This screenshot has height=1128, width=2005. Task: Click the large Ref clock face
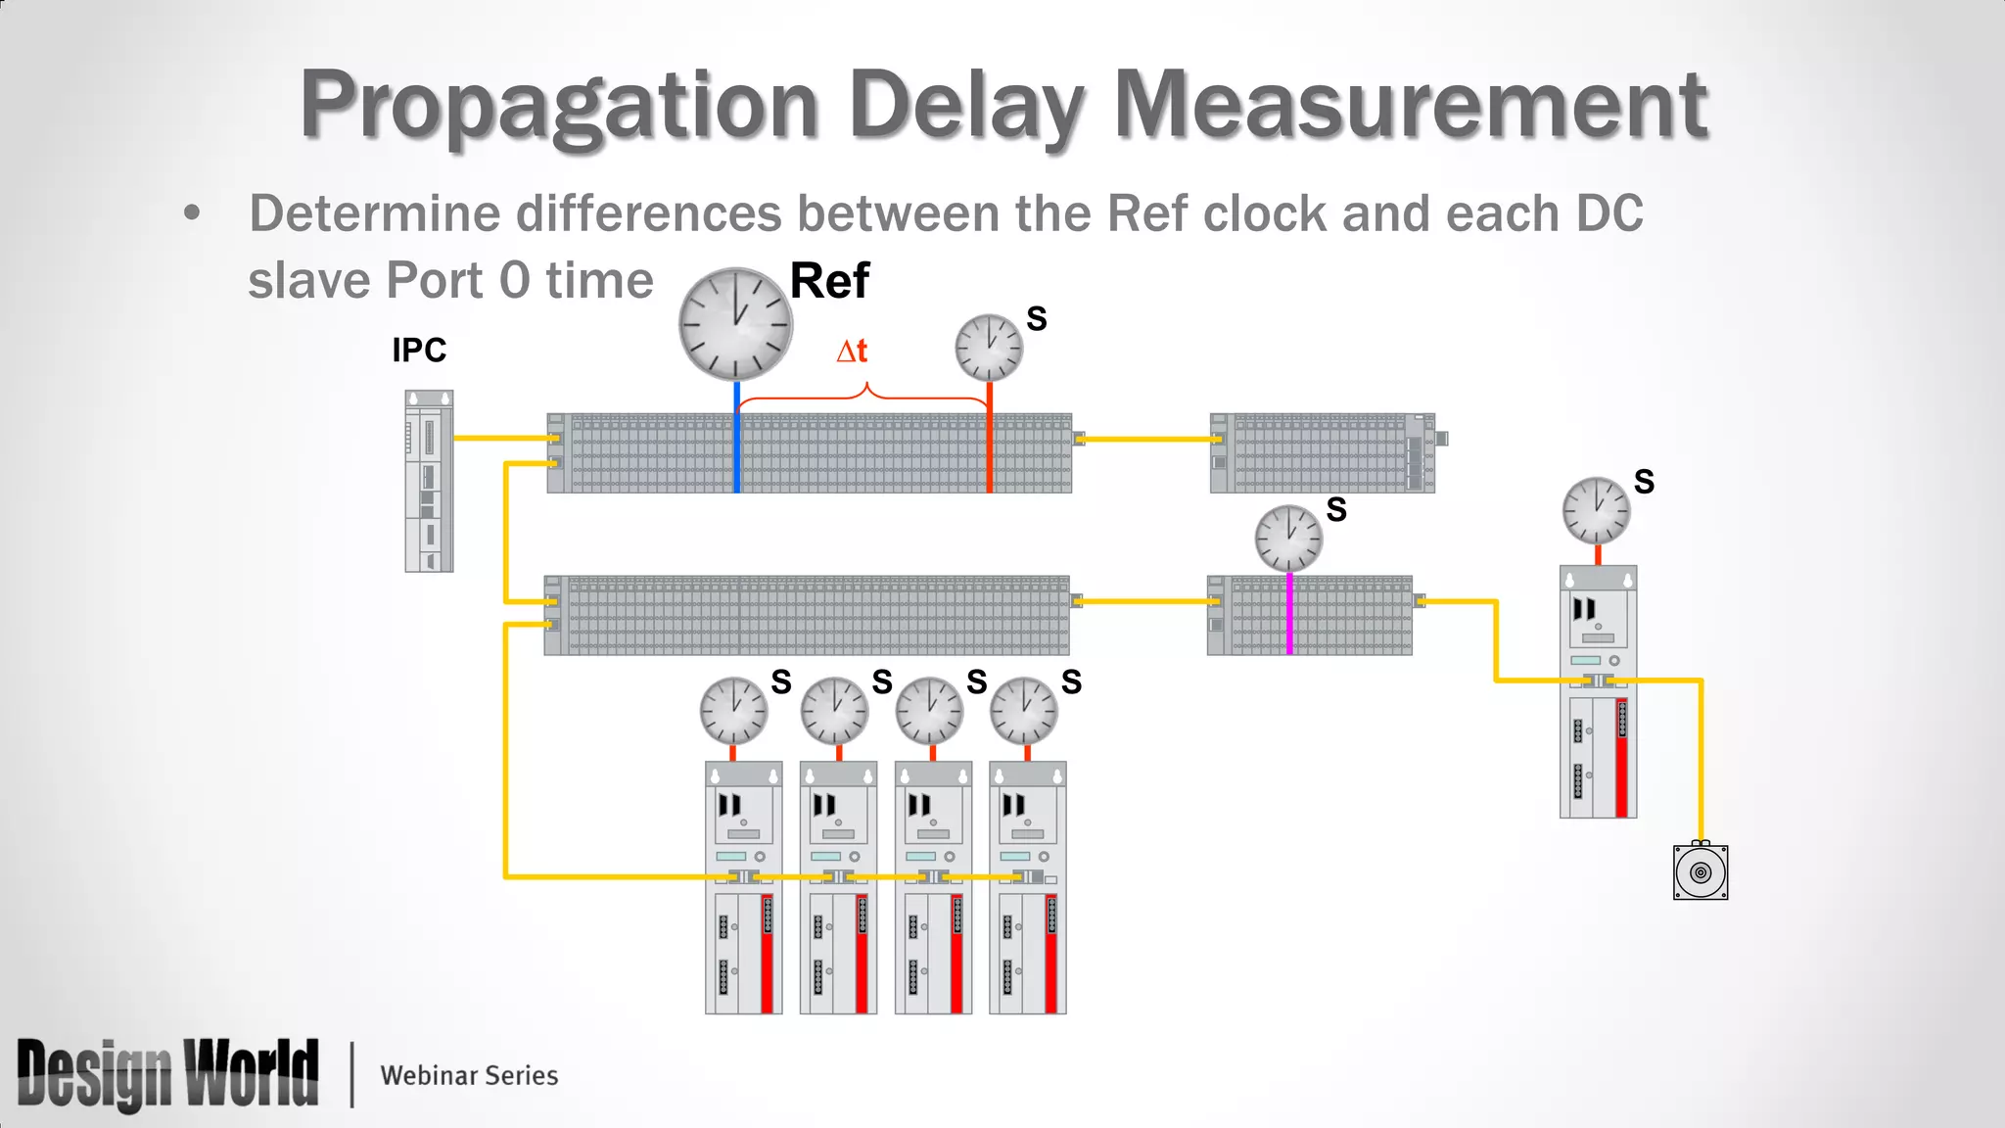[735, 324]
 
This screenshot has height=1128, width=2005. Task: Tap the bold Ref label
[829, 282]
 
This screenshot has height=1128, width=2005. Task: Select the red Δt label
[852, 351]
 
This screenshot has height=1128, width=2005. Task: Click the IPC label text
[419, 351]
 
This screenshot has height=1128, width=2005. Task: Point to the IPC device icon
[429, 481]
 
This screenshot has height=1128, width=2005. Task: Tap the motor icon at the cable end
[1701, 871]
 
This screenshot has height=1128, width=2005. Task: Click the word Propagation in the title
[559, 106]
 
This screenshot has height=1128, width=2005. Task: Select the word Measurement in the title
[1411, 106]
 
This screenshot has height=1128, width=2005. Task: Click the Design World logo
[167, 1074]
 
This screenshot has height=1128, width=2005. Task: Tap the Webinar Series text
[469, 1075]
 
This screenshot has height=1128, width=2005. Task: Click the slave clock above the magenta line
[1288, 539]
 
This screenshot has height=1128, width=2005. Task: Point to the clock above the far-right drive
[1596, 510]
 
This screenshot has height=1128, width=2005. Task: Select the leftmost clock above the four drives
[733, 710]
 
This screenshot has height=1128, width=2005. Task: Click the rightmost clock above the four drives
[1024, 710]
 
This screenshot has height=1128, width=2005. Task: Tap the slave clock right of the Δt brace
[989, 348]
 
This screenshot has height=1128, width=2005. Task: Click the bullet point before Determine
[192, 213]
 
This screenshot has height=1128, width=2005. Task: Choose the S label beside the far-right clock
[1644, 482]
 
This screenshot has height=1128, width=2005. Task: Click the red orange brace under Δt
[863, 395]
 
